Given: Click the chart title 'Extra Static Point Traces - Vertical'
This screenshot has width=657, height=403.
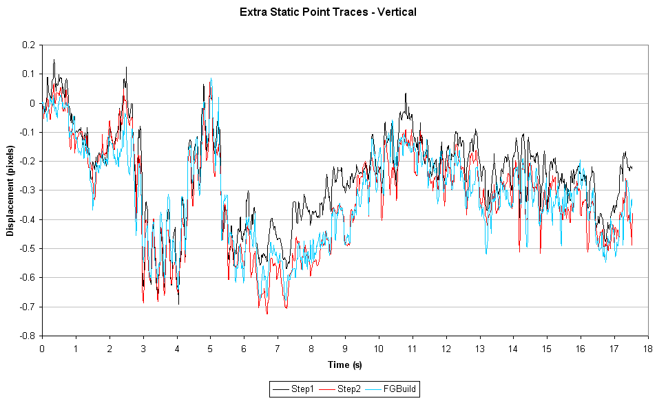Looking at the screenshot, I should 328,12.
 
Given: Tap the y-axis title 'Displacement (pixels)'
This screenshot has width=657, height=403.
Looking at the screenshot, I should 10,190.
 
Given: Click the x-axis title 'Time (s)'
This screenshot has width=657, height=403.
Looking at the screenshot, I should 344,364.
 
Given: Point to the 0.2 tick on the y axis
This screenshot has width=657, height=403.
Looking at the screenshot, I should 28,45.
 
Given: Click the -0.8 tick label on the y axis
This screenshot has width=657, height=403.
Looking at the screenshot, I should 27,336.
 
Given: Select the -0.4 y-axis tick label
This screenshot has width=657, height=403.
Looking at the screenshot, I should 27,219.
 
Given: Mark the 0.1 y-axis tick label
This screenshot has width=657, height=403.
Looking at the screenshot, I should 28,74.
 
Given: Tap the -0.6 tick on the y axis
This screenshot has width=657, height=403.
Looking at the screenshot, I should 27,277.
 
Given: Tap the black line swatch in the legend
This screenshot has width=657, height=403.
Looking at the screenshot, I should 281,389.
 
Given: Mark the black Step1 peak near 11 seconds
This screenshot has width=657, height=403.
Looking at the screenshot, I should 406,94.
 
